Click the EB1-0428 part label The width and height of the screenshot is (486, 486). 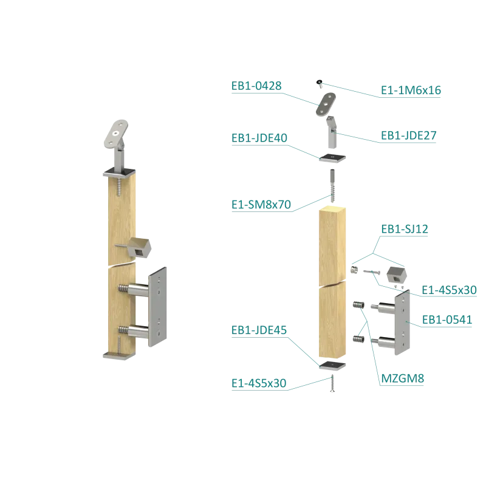coord(256,86)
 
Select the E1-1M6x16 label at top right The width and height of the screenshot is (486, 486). coord(411,91)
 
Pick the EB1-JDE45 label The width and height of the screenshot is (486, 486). coord(255,331)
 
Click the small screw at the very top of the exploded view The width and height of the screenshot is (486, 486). coord(318,83)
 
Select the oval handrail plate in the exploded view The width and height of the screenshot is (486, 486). coord(327,104)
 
